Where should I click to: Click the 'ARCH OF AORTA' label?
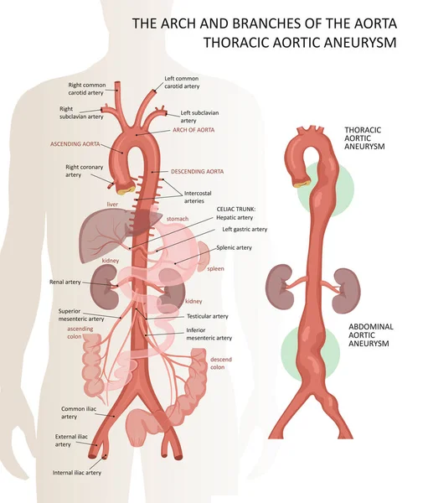click(193, 130)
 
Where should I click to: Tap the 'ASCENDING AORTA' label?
click(75, 144)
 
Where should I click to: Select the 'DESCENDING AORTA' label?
click(197, 171)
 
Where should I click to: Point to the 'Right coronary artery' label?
click(85, 171)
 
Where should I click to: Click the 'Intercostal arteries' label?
click(198, 197)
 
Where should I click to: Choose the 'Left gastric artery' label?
click(245, 230)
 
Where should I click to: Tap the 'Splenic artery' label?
click(234, 247)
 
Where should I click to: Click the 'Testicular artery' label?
click(208, 316)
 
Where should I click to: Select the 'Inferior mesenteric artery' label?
click(209, 334)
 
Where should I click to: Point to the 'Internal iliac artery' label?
click(77, 473)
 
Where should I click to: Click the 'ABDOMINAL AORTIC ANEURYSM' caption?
click(371, 334)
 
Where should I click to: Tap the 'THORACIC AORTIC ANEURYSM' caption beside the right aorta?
click(364, 138)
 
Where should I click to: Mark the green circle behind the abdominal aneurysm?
click(310, 352)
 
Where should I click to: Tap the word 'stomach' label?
click(178, 219)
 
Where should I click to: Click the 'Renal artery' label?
click(65, 282)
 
